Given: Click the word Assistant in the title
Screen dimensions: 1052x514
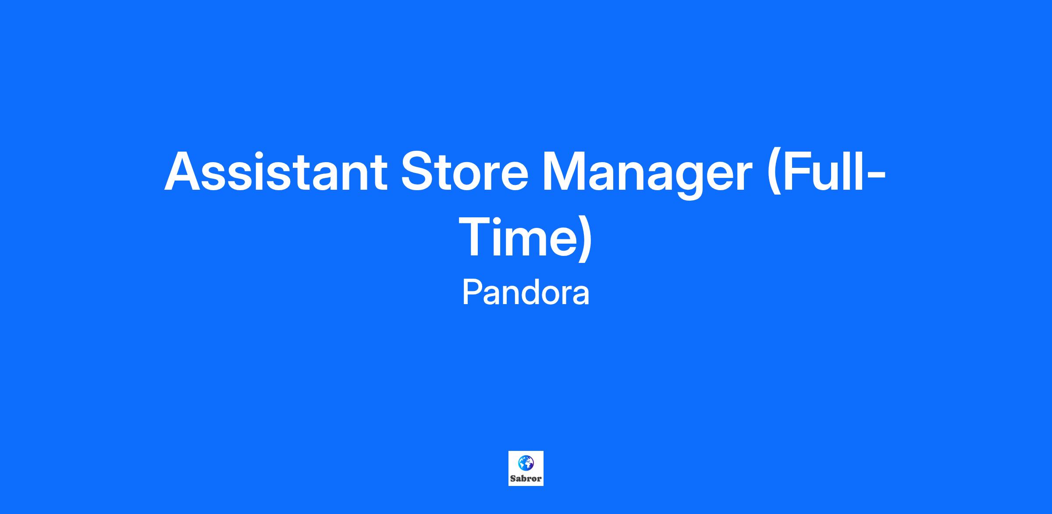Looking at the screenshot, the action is coord(276,171).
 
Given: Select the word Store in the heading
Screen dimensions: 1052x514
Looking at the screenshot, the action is coord(465,171).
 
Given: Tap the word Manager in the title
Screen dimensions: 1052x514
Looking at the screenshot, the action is coord(647,175).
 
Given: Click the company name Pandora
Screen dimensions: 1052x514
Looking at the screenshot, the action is coord(526,293).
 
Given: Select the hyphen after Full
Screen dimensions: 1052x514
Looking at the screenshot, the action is coord(874,177).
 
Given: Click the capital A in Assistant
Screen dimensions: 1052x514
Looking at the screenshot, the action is coord(183,172).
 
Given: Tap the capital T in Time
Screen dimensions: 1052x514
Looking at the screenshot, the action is coord(480,237).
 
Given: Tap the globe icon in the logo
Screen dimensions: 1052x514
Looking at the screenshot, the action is coord(526,463).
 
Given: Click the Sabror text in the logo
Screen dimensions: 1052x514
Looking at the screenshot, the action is coord(526,478).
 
